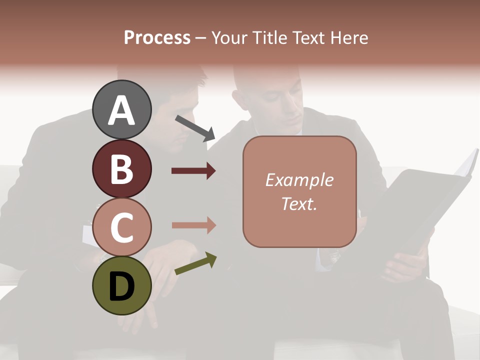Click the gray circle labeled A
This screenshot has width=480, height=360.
tap(121, 109)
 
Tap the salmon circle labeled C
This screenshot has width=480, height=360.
tap(121, 227)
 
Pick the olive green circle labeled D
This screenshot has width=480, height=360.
tap(121, 285)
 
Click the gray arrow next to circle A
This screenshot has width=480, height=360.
tap(195, 127)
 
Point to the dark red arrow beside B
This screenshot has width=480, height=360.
tap(193, 171)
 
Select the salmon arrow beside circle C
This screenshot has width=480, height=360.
tap(193, 225)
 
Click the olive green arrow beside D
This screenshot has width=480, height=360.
tap(195, 263)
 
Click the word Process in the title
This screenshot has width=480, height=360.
tap(157, 37)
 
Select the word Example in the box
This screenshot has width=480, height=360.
tap(299, 180)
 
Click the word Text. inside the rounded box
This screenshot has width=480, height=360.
tap(299, 203)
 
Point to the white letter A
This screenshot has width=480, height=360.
tap(121, 111)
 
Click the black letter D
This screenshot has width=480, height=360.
tap(121, 287)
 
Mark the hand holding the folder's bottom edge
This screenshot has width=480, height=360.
tap(407, 262)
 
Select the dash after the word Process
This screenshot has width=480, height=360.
tap(201, 38)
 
